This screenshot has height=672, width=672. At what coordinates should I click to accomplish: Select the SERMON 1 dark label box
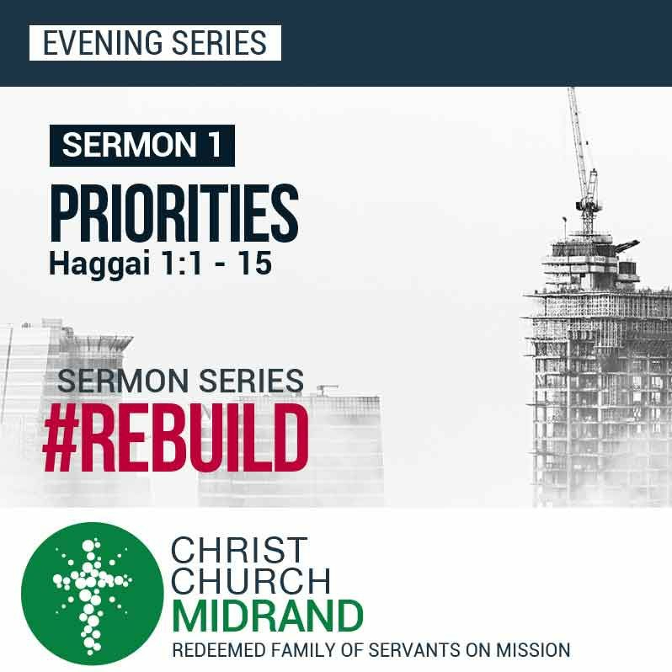coord(142,145)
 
